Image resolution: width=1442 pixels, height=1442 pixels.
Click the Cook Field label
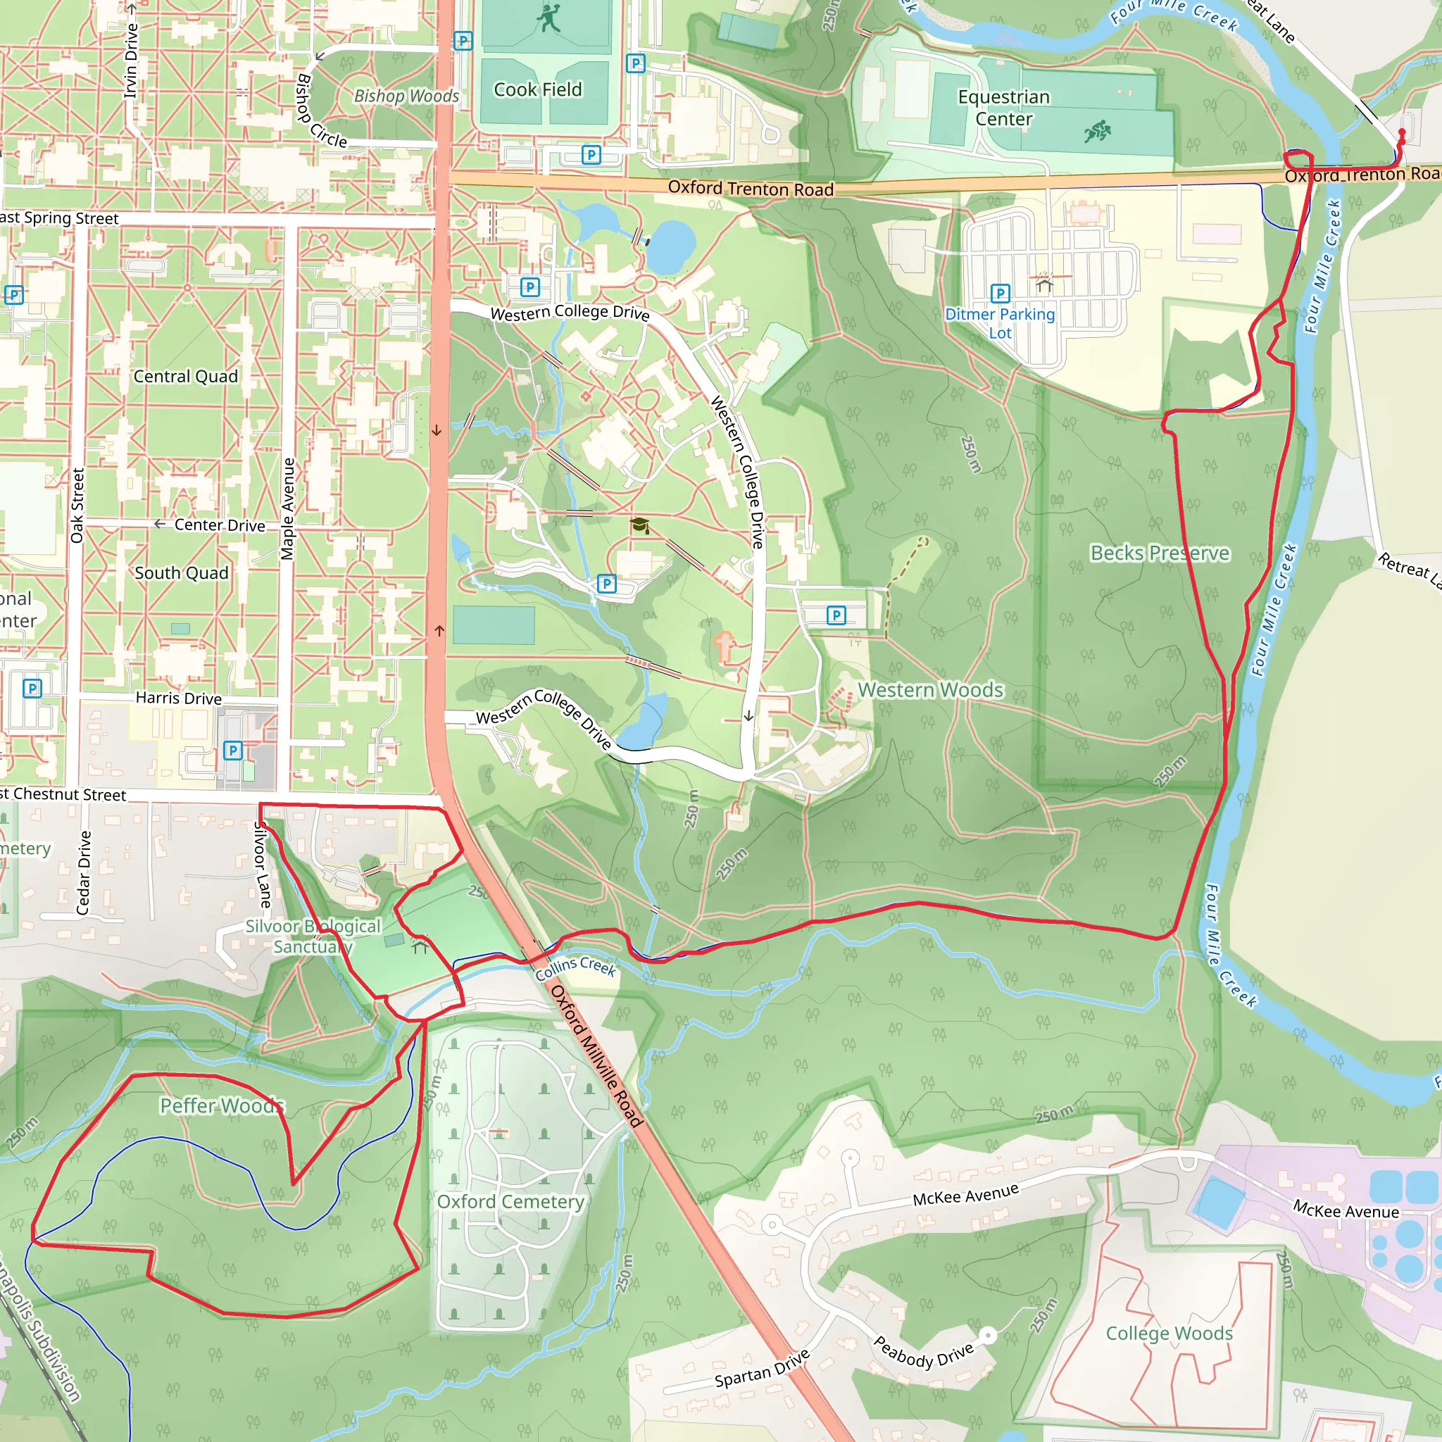click(537, 89)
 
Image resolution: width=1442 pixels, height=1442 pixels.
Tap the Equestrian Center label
click(1004, 108)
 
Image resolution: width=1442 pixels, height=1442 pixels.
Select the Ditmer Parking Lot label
click(1000, 323)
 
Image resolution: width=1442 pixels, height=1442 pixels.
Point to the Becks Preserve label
click(1160, 553)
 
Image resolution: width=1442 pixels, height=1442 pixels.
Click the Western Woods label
click(931, 689)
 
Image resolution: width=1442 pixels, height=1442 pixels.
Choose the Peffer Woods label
click(222, 1105)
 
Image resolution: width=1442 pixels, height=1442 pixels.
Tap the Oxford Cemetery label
click(510, 1202)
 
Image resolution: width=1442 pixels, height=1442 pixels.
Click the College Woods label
click(1169, 1333)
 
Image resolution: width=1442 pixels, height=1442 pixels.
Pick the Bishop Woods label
click(406, 96)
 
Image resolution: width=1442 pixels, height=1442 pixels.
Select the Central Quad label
click(186, 376)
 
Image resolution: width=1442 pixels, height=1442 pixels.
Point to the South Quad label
click(182, 572)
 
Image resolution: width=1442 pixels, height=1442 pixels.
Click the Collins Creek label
click(575, 968)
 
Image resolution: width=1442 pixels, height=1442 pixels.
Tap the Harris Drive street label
click(178, 698)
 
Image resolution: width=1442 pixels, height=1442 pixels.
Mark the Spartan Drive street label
click(762, 1368)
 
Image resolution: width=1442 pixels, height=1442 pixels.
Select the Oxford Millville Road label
click(596, 1055)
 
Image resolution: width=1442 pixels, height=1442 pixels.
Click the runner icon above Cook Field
click(549, 19)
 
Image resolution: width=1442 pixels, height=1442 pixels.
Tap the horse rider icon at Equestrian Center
click(1097, 132)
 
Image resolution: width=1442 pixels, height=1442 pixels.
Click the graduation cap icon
click(639, 525)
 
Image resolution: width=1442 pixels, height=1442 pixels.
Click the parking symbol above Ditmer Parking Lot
click(1000, 293)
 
